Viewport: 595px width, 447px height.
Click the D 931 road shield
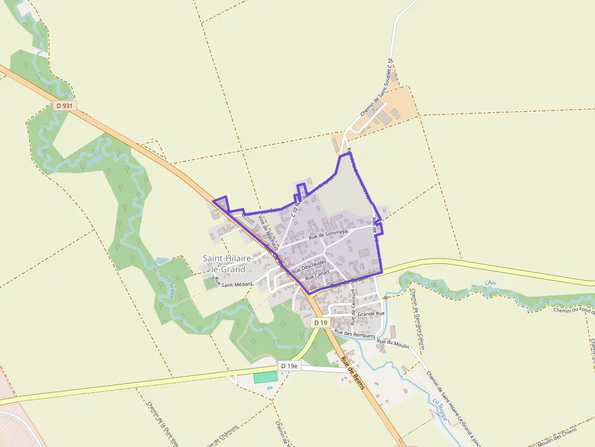[64, 106]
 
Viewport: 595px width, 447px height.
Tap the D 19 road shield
[321, 323]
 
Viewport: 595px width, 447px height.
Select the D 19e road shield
[290, 366]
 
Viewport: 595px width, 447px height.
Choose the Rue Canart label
[317, 275]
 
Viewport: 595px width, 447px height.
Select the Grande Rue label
[371, 314]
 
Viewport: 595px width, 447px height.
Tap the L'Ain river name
[491, 283]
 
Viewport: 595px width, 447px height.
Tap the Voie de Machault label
[268, 232]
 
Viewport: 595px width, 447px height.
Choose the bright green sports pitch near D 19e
[265, 377]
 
